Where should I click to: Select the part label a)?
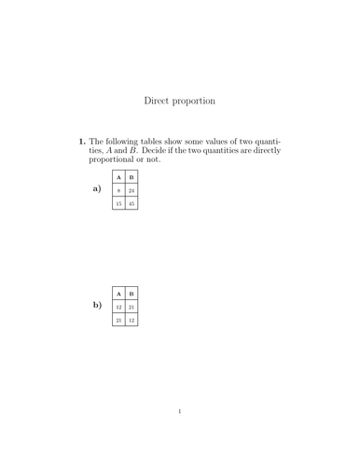click(x=96, y=189)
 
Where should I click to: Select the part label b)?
click(x=96, y=305)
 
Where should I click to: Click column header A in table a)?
click(x=118, y=177)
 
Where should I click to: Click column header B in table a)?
click(x=132, y=177)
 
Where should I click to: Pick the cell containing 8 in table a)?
click(x=118, y=190)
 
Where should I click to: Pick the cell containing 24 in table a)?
click(x=132, y=190)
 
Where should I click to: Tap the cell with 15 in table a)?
click(x=118, y=203)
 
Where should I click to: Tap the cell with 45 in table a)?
click(x=132, y=203)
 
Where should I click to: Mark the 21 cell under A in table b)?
click(x=118, y=320)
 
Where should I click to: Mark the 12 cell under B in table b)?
click(x=132, y=320)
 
